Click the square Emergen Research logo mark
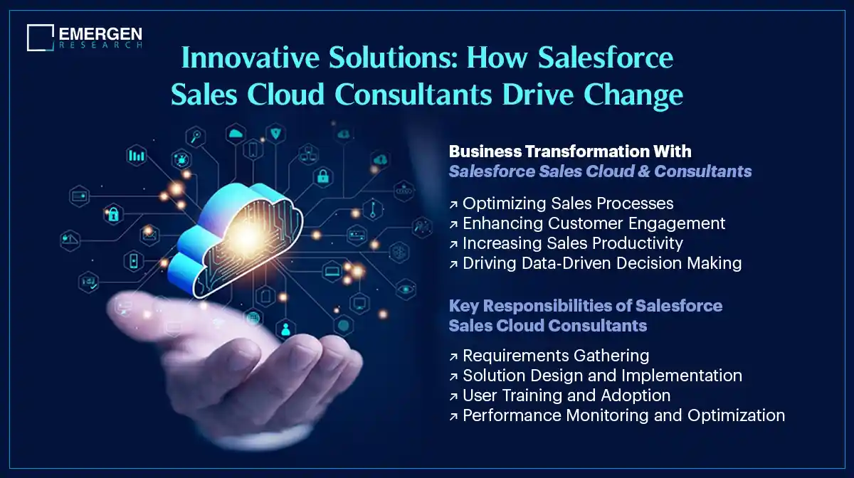41,38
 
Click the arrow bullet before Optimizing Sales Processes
453,204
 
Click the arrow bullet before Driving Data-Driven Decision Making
453,264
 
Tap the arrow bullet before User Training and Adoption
453,395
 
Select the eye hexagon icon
406,289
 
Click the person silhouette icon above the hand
286,329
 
